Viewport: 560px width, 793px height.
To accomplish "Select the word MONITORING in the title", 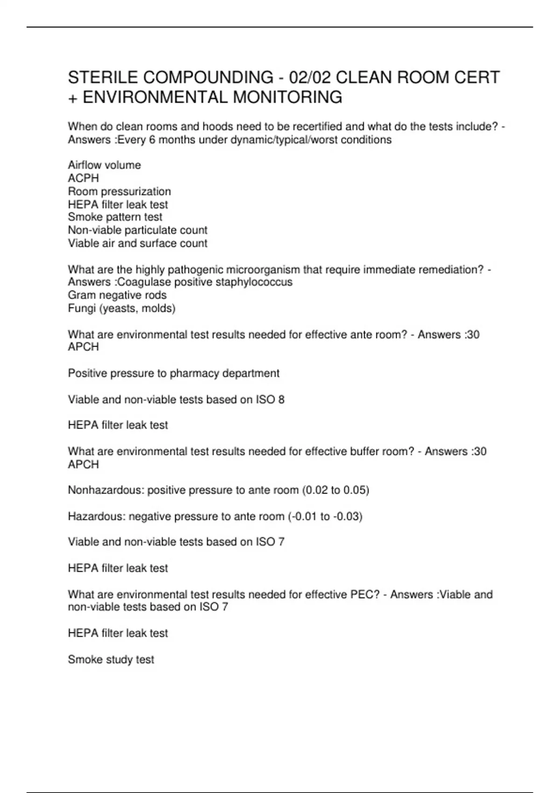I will tap(287, 97).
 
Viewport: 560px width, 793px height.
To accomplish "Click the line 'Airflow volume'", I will tap(104, 165).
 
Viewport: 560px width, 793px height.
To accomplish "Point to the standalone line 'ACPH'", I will tap(84, 178).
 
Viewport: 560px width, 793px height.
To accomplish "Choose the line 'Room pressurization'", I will tap(119, 191).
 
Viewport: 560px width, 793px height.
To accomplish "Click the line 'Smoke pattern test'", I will tap(115, 217).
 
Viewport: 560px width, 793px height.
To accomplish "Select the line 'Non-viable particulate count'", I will tap(138, 230).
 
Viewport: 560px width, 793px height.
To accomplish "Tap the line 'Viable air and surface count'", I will tap(138, 243).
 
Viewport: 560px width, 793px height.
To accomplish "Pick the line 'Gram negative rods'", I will tap(117, 295).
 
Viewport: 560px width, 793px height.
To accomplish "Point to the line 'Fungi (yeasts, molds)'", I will tap(122, 308).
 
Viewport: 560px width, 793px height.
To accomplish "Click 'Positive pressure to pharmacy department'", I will tap(174, 373).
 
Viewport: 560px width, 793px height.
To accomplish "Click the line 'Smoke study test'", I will tap(111, 660).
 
